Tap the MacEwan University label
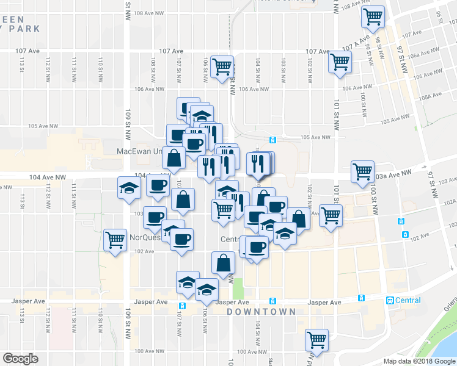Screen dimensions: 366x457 pyautogui.click(x=142, y=151)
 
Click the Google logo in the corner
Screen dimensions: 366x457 pyautogui.click(x=20, y=359)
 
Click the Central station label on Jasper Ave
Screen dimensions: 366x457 pyautogui.click(x=408, y=300)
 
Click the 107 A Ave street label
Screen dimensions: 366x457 pyautogui.click(x=357, y=43)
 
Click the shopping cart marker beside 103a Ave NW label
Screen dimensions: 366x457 pyautogui.click(x=362, y=171)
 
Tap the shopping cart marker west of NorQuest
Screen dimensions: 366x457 pyautogui.click(x=115, y=239)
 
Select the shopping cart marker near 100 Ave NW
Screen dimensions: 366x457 pyautogui.click(x=316, y=339)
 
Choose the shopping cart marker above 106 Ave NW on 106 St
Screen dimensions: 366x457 pyautogui.click(x=222, y=66)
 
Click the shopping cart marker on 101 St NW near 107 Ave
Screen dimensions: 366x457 pyautogui.click(x=340, y=61)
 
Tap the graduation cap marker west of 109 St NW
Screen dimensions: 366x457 pyautogui.click(x=130, y=188)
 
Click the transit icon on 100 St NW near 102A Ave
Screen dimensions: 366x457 pyautogui.click(x=401, y=221)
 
